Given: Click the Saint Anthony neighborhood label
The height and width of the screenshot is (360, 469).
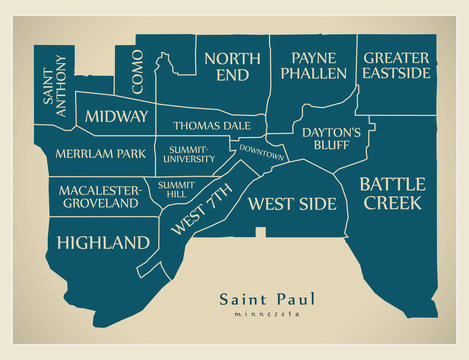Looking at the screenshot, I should pyautogui.click(x=54, y=87).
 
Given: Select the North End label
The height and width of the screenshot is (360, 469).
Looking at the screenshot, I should pyautogui.click(x=232, y=66).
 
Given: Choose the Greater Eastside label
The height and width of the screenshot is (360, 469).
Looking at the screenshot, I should pyautogui.click(x=397, y=66).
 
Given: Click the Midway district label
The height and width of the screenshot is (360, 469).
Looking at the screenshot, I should pyautogui.click(x=116, y=117).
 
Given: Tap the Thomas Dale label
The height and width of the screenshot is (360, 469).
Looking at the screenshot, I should pyautogui.click(x=211, y=126).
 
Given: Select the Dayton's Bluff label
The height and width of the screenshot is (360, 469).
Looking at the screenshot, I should pyautogui.click(x=331, y=139).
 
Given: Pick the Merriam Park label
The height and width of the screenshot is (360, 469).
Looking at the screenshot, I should pyautogui.click(x=96, y=156).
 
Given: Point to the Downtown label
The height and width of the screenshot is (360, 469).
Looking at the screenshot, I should pyautogui.click(x=261, y=154).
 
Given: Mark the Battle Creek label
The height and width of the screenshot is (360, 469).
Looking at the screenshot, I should pyautogui.click(x=392, y=192).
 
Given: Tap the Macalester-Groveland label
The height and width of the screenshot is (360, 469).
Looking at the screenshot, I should pyautogui.click(x=99, y=196).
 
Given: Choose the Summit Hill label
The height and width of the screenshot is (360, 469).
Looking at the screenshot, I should pyautogui.click(x=176, y=190).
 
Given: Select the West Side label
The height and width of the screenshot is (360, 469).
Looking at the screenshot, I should pyautogui.click(x=292, y=204).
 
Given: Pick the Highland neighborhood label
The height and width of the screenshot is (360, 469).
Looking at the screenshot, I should pyautogui.click(x=103, y=242).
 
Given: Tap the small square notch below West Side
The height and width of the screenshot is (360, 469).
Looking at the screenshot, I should pyautogui.click(x=261, y=233).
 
